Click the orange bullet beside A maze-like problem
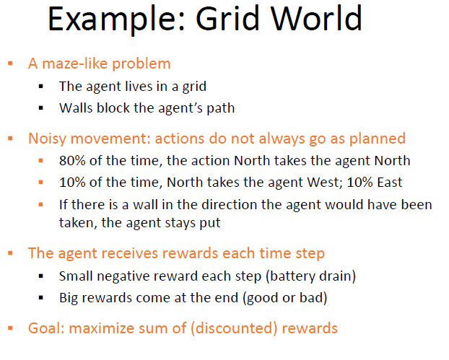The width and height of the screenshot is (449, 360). coord(11,63)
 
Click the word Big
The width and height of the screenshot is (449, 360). coord(70,297)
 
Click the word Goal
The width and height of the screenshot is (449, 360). coord(44,328)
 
